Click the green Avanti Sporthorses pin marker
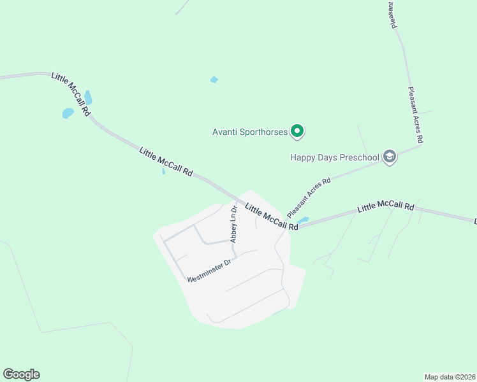pyautogui.click(x=297, y=132)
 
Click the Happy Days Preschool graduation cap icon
pyautogui.click(x=390, y=157)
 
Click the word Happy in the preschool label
pyautogui.click(x=303, y=157)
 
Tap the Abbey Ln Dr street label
pyautogui.click(x=234, y=224)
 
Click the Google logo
pyautogui.click(x=21, y=374)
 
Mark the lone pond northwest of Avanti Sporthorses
pyautogui.click(x=214, y=80)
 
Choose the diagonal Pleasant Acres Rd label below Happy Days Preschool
pyautogui.click(x=309, y=198)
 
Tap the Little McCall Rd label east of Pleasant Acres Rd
pyautogui.click(x=386, y=208)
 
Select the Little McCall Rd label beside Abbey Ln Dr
pyautogui.click(x=272, y=217)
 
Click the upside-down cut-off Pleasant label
pyautogui.click(x=392, y=14)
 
